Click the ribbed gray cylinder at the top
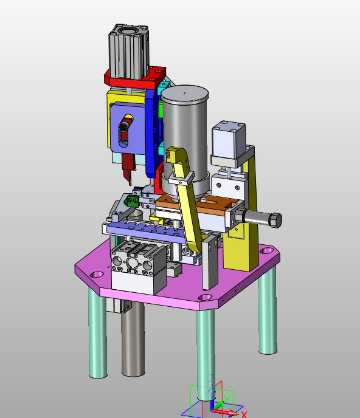(129, 52)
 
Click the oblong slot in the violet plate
(125, 131)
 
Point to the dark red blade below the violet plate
(128, 168)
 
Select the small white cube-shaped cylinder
(229, 139)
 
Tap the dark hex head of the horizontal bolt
(276, 220)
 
